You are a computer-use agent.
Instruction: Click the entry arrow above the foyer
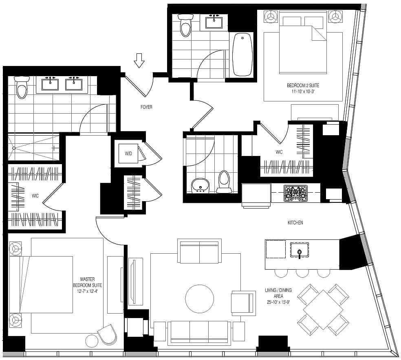139,61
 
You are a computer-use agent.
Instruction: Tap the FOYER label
146,107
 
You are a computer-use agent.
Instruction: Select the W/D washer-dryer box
128,153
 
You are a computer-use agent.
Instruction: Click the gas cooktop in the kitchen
296,193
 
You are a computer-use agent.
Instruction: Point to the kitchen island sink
300,250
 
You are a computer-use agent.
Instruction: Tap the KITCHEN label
295,222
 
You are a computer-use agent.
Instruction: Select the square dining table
323,310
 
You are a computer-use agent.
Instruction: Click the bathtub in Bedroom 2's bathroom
242,55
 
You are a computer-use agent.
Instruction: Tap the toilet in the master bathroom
22,88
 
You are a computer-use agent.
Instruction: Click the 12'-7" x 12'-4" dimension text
88,291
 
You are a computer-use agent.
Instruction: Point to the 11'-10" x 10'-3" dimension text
303,92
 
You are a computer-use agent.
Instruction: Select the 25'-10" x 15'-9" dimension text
278,302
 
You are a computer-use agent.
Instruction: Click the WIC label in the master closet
35,196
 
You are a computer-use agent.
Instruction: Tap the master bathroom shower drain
14,148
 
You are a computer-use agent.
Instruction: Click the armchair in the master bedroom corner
107,334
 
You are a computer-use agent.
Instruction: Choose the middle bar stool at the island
302,273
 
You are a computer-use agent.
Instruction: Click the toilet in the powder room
224,182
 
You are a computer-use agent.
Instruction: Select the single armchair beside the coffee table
243,303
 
